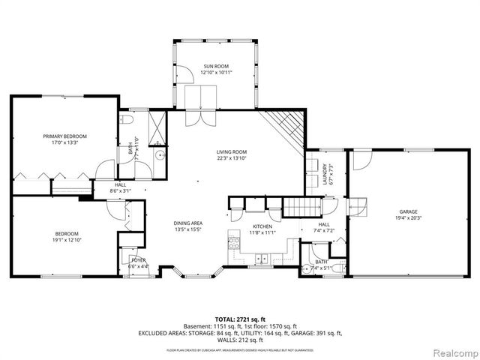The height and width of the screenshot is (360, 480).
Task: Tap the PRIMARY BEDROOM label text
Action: click(64, 136)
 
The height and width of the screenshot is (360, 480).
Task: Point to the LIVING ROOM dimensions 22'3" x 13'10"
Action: click(232, 158)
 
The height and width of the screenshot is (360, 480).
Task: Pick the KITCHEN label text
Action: click(262, 226)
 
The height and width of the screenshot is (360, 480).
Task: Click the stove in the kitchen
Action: click(233, 244)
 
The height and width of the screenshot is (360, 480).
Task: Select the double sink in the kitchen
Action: click(262, 260)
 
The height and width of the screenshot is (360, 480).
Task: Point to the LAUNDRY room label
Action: click(325, 174)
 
